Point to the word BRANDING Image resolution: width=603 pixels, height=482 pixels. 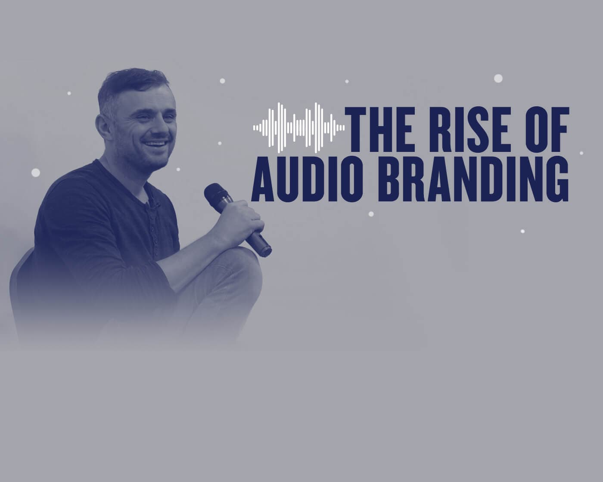(473, 178)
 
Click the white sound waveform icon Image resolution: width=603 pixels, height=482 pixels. (298, 128)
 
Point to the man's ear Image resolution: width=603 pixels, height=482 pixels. (102, 126)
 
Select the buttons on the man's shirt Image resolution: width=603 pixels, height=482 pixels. (152, 224)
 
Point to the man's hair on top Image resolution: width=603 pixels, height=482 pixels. (134, 80)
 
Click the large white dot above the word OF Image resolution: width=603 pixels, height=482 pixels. (498, 78)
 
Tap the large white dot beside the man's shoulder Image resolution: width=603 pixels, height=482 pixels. (36, 173)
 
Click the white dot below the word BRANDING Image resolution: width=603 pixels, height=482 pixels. (371, 214)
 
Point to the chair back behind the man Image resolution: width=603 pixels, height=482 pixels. (17, 280)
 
